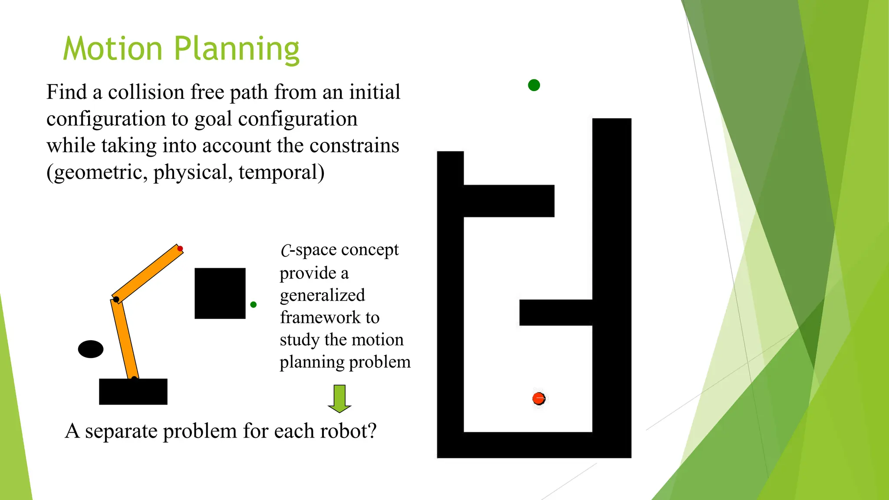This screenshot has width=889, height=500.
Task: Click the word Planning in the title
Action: pos(237,49)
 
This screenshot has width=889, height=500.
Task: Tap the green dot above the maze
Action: pos(534,85)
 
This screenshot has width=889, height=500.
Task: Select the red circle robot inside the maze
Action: pos(539,398)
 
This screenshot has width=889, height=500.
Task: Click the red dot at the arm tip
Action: pos(180,249)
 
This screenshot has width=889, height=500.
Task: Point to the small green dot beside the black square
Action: pos(254,305)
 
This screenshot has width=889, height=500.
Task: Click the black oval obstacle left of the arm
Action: pos(91,349)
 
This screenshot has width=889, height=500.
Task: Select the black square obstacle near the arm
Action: pos(220,293)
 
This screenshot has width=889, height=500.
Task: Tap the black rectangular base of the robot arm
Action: pos(133,391)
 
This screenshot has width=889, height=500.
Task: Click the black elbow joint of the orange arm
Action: pos(116,299)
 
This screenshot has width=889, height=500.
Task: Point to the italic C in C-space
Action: pos(285,250)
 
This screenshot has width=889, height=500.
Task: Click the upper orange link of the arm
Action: pos(148,274)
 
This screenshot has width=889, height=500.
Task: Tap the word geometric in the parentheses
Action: pos(96,172)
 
